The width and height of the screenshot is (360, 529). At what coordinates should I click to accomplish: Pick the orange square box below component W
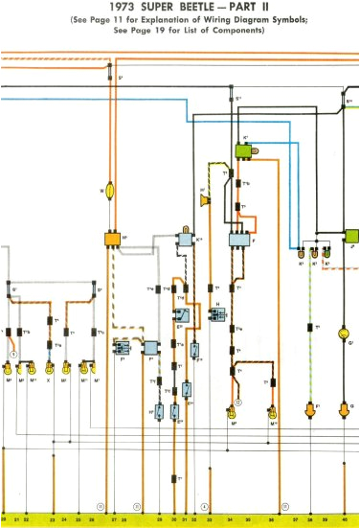pyautogui.click(x=112, y=238)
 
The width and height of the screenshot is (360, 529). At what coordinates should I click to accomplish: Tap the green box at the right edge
pyautogui.click(x=353, y=235)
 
